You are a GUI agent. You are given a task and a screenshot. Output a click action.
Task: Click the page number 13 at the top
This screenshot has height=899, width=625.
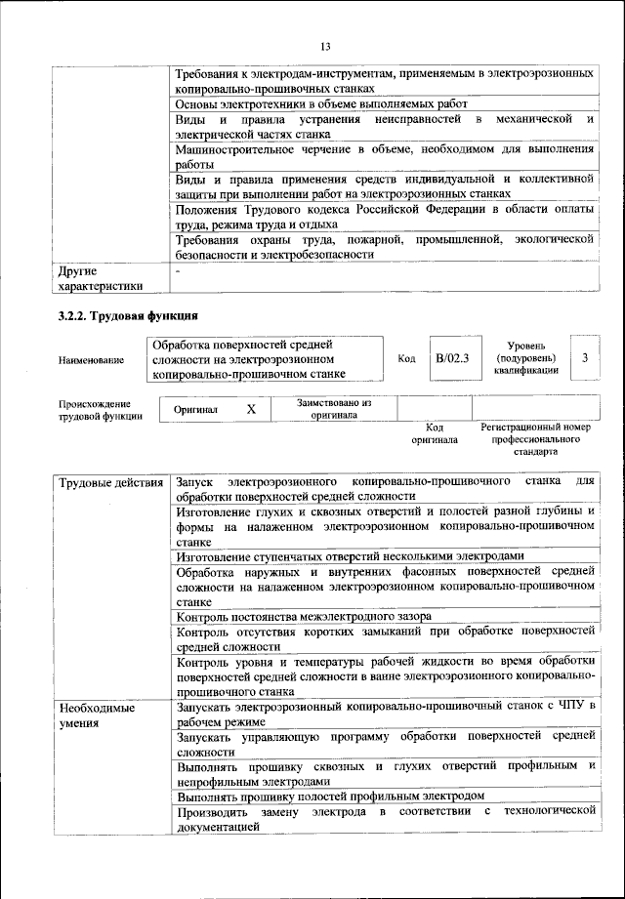[326, 46]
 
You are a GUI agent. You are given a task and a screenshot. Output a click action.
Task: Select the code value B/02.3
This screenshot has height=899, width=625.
[452, 359]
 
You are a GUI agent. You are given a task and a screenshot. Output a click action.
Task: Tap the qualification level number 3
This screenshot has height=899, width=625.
[584, 358]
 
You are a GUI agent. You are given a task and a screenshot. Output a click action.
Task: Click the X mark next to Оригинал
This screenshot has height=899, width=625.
[251, 410]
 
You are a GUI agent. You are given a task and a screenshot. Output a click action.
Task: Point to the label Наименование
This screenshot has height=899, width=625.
[92, 360]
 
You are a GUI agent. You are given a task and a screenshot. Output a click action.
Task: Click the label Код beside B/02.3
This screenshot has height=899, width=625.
[407, 359]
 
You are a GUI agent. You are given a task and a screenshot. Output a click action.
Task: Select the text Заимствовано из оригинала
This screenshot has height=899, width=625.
[335, 409]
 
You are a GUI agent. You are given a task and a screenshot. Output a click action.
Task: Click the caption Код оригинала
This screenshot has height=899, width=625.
[435, 433]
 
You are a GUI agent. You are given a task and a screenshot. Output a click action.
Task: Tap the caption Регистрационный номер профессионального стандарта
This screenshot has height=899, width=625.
[536, 439]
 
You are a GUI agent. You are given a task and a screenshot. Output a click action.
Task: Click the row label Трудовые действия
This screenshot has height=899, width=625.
[110, 483]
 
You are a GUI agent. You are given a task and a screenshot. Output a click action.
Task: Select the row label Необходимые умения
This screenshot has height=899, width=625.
[96, 715]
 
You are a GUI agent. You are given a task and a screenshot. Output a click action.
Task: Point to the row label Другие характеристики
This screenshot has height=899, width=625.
[101, 278]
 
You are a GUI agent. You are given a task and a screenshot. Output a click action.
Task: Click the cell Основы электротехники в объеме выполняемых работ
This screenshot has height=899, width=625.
[321, 103]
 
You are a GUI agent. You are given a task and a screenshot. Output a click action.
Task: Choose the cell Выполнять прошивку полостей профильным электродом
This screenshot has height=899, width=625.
[330, 797]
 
